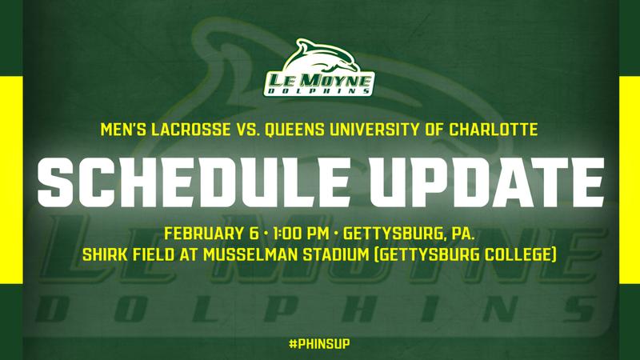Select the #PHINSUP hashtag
click(319, 344)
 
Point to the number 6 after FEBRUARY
click(253, 234)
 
